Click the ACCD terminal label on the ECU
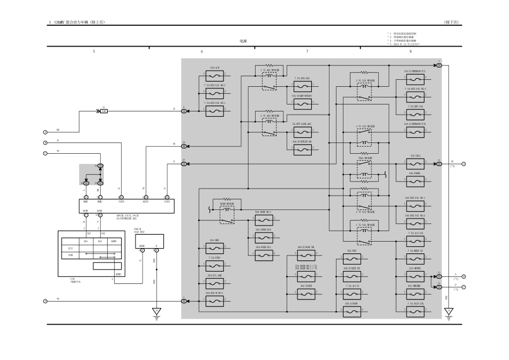point(145,201)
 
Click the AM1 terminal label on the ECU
point(85,201)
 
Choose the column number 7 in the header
point(307,51)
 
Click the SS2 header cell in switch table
point(100,241)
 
